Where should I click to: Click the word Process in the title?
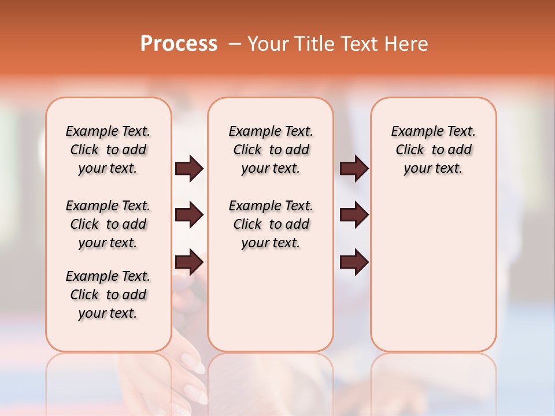pyautogui.click(x=179, y=44)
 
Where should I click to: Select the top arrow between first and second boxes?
pyautogui.click(x=189, y=169)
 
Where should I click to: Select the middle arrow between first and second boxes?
pyautogui.click(x=189, y=216)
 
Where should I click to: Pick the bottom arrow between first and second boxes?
pyautogui.click(x=189, y=262)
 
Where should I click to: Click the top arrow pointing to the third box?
pyautogui.click(x=354, y=169)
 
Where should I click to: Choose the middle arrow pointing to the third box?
pyautogui.click(x=354, y=216)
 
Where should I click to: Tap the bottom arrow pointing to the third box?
pyautogui.click(x=354, y=262)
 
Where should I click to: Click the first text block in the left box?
pyautogui.click(x=108, y=150)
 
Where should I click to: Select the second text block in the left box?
pyautogui.click(x=108, y=224)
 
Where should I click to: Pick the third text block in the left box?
pyautogui.click(x=108, y=295)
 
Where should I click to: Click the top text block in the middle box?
pyautogui.click(x=271, y=150)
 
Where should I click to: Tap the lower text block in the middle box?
pyautogui.click(x=271, y=224)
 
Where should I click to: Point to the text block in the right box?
pyautogui.click(x=433, y=150)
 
